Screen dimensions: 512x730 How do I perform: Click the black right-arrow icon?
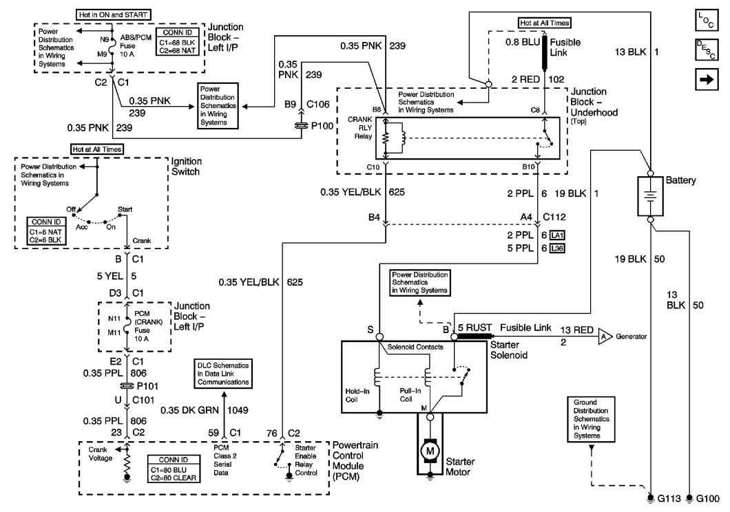click(x=708, y=81)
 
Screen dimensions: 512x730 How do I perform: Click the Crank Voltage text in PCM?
click(x=99, y=454)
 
